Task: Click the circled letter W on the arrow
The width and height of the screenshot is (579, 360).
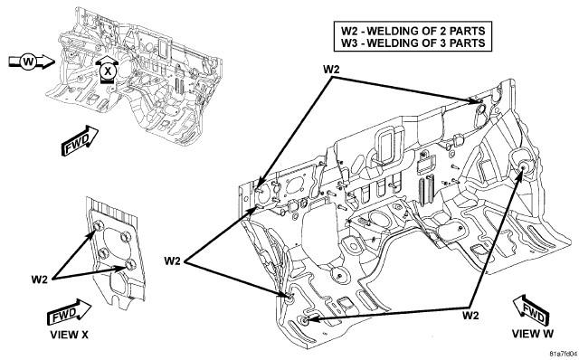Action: pyautogui.click(x=28, y=62)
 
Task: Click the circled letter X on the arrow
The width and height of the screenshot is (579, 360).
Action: pyautogui.click(x=108, y=71)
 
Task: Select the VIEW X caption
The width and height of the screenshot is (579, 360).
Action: pyautogui.click(x=70, y=335)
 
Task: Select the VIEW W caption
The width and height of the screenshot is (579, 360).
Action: pyautogui.click(x=533, y=334)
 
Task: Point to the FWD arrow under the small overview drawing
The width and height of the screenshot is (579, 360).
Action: pyautogui.click(x=80, y=141)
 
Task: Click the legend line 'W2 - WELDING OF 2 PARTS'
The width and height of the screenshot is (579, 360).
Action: pyautogui.click(x=413, y=30)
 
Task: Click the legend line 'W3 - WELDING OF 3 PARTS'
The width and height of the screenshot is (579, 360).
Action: pyautogui.click(x=413, y=43)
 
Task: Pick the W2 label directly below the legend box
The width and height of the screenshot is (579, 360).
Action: pyautogui.click(x=332, y=70)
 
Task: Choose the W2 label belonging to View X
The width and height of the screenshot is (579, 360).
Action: pyautogui.click(x=40, y=279)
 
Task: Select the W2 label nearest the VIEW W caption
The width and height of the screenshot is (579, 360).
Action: pyautogui.click(x=470, y=316)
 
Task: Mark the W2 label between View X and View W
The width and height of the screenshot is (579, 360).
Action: pyautogui.click(x=173, y=261)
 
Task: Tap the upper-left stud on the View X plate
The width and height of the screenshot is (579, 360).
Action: pyautogui.click(x=98, y=226)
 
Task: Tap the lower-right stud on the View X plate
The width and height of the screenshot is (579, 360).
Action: pyautogui.click(x=129, y=263)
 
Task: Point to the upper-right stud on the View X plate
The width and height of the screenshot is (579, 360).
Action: pyautogui.click(x=125, y=236)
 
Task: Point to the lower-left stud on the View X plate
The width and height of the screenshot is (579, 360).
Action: pyautogui.click(x=103, y=253)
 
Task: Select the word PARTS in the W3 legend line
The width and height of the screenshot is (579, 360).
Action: pyautogui.click(x=468, y=43)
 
